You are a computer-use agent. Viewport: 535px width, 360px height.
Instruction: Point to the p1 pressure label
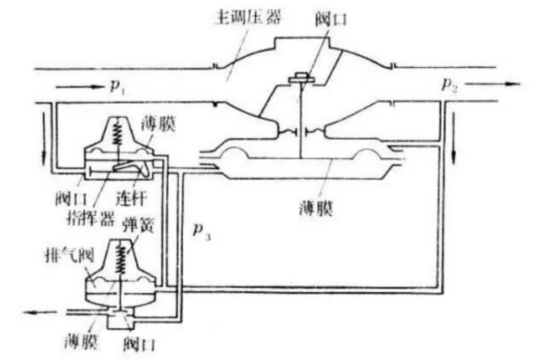(116, 85)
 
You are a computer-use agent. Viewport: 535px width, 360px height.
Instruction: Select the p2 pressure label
(449, 84)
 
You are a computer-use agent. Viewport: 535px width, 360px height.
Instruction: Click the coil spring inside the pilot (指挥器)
(118, 136)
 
